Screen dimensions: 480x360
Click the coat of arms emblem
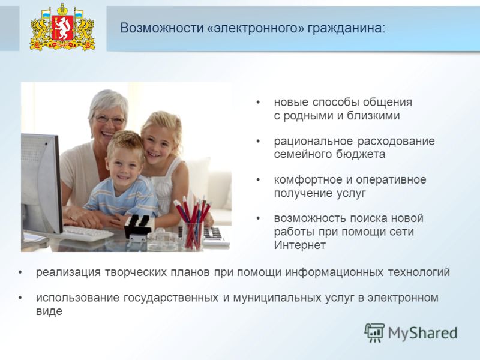pyautogui.click(x=62, y=27)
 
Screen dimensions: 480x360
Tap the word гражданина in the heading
pyautogui.click(x=346, y=28)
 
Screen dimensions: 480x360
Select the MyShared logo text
pyautogui.click(x=422, y=333)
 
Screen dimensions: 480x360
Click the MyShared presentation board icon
pyautogui.click(x=374, y=332)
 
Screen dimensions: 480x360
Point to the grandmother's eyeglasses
pyautogui.click(x=110, y=119)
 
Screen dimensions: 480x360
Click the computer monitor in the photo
pyautogui.click(x=41, y=184)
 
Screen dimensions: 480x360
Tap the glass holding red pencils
pyautogui.click(x=193, y=235)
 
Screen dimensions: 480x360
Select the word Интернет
pyautogui.click(x=299, y=245)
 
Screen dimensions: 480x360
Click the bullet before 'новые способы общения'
pyautogui.click(x=258, y=102)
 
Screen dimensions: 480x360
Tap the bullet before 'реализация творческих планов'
pyautogui.click(x=20, y=272)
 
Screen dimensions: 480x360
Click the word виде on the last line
pyautogui.click(x=49, y=311)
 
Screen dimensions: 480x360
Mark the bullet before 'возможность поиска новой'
pyautogui.click(x=258, y=218)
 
